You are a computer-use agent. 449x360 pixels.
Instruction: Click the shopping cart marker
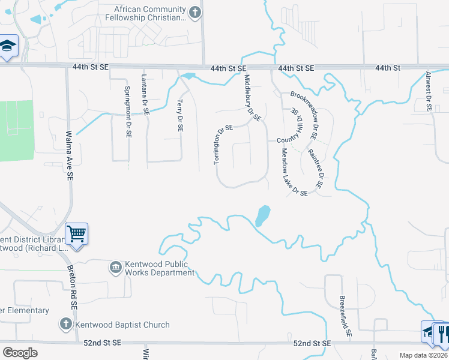click(76, 233)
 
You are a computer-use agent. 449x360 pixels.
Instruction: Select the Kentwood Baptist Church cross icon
click(65, 325)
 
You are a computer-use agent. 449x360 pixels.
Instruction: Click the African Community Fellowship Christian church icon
click(194, 13)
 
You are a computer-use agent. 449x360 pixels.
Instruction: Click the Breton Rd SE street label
click(73, 287)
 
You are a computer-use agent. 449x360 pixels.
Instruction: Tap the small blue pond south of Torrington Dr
click(262, 215)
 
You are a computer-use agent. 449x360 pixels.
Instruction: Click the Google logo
click(20, 353)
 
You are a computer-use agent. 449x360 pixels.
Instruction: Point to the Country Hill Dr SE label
click(295, 127)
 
